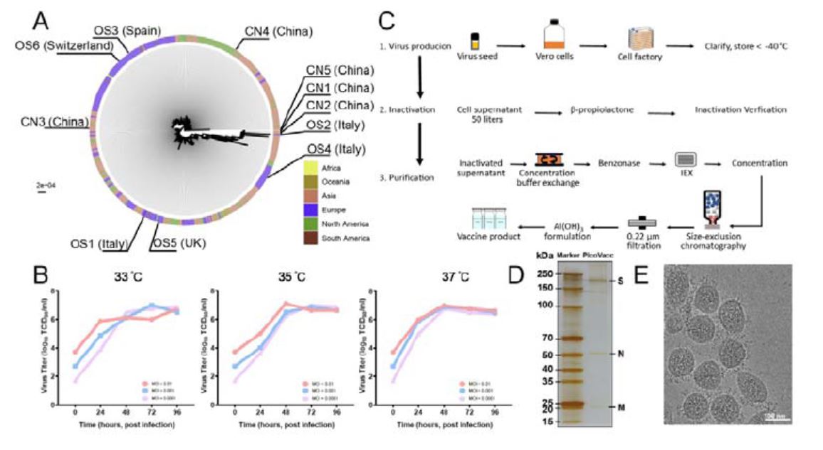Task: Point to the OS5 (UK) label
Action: point(177,243)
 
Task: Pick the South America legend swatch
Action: point(311,238)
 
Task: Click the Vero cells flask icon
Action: point(555,35)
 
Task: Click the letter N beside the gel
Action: point(622,353)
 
